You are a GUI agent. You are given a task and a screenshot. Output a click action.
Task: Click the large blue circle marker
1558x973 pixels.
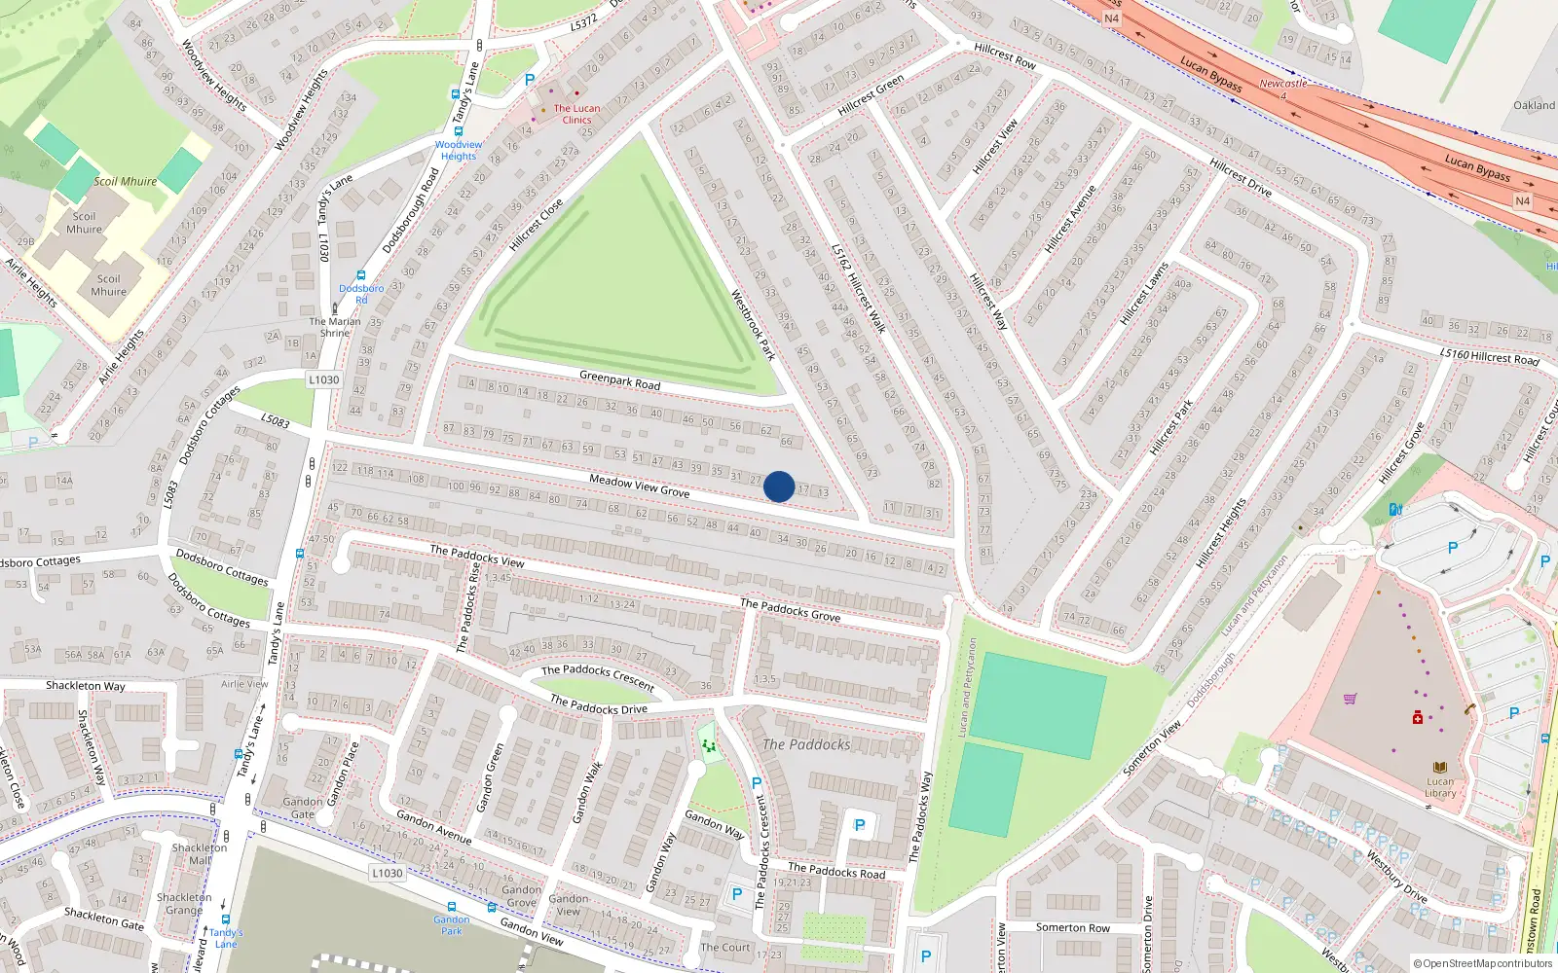[x=779, y=486]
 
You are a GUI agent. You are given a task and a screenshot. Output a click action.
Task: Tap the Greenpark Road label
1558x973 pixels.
[x=619, y=379]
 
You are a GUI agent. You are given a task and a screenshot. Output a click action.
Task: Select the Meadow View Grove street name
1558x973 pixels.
[x=639, y=486]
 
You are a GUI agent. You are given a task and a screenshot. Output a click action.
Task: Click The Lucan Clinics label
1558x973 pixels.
[x=576, y=114]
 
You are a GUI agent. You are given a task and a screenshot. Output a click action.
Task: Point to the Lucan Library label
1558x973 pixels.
[x=1440, y=787]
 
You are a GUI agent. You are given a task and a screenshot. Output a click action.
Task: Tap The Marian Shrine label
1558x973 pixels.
[x=335, y=327]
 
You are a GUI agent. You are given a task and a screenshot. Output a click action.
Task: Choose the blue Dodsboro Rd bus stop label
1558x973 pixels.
[x=361, y=294]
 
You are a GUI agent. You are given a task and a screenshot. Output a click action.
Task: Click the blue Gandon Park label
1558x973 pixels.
[x=452, y=924]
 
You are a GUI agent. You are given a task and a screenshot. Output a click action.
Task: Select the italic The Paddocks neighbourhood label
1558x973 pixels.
[x=806, y=744]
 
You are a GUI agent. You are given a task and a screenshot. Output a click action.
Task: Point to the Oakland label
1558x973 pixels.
[x=1534, y=105]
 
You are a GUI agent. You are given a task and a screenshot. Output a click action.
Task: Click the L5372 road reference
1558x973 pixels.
[x=584, y=21]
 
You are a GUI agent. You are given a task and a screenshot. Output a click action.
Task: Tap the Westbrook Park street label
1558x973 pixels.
[x=753, y=325]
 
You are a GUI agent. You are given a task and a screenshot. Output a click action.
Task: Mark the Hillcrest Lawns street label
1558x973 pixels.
[x=1143, y=293]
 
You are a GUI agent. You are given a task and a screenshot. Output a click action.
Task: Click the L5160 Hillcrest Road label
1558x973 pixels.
[x=1490, y=357]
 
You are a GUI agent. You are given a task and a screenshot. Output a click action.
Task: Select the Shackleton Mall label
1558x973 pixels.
[x=200, y=853]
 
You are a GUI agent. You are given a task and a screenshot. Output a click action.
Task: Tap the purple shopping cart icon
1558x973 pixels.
[x=1350, y=699]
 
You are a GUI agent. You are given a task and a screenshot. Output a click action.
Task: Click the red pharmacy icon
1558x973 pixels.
[x=1418, y=717]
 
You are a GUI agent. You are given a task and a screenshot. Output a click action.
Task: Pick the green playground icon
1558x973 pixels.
[x=709, y=745]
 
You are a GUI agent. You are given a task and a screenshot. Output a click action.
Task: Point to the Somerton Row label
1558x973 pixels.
[x=1072, y=927]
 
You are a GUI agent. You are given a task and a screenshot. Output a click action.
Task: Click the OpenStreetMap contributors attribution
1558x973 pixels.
[x=1482, y=963]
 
